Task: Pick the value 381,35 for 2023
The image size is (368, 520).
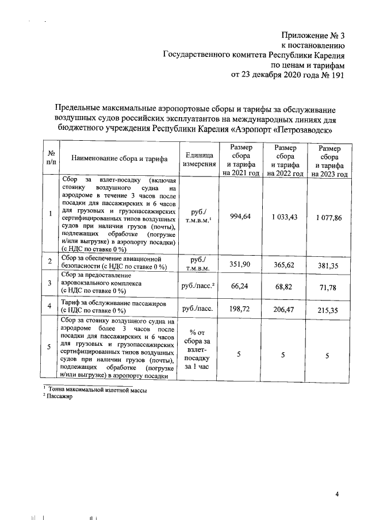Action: pyautogui.click(x=328, y=266)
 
